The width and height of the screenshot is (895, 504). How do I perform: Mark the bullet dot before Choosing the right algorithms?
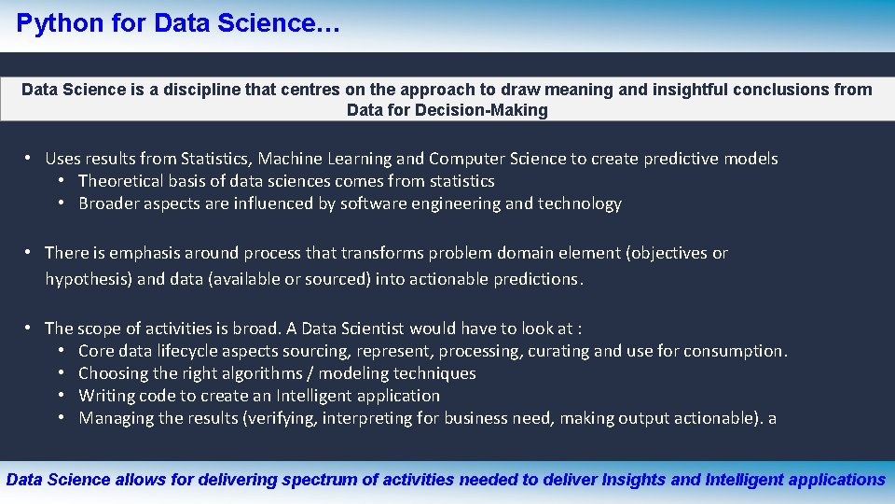(60, 373)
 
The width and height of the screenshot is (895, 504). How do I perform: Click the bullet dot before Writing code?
(60, 396)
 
